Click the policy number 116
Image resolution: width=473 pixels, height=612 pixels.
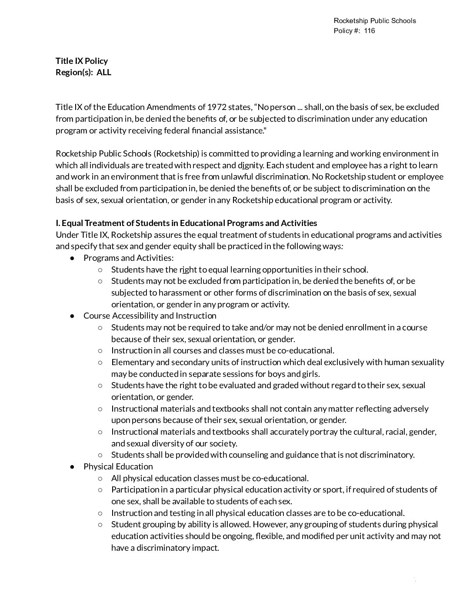(x=370, y=31)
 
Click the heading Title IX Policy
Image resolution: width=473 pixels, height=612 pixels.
(x=82, y=61)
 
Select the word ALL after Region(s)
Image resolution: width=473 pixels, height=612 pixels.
(x=104, y=73)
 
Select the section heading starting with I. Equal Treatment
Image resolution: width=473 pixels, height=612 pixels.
(x=187, y=223)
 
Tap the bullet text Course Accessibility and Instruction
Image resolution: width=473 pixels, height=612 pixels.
(x=150, y=316)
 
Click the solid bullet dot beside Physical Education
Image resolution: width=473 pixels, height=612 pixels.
(x=73, y=467)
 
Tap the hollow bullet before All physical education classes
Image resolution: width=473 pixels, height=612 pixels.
(x=100, y=479)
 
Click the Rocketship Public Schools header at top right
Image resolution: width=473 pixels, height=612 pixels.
(x=375, y=21)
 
